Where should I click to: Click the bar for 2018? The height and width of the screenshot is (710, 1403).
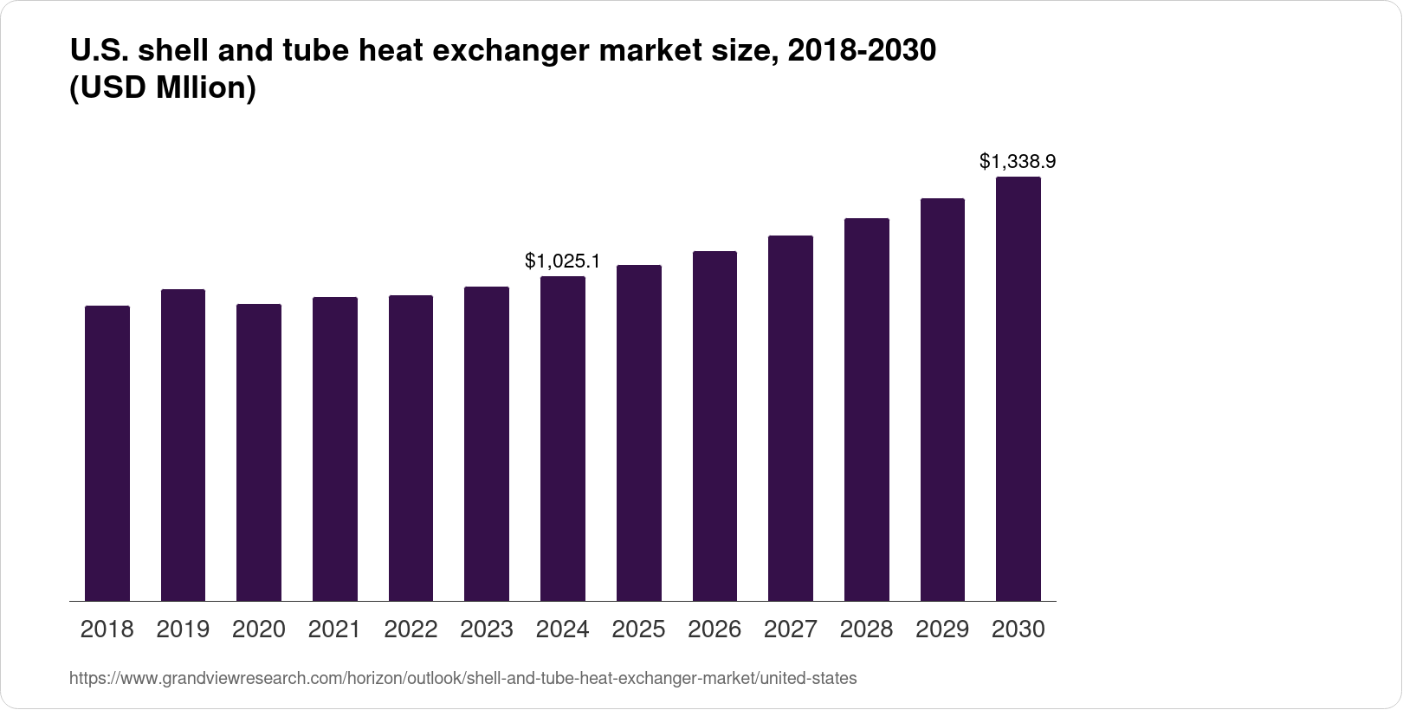[107, 453]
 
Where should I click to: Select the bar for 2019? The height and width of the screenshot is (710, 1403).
[183, 445]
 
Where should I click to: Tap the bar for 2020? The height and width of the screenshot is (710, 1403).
[259, 452]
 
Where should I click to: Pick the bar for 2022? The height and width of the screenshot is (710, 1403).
[411, 448]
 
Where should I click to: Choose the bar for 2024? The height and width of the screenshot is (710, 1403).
[562, 438]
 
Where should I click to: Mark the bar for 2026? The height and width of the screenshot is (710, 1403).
[714, 426]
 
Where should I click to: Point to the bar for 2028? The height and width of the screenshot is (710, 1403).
[866, 410]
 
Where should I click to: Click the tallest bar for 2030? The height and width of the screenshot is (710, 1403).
[1018, 389]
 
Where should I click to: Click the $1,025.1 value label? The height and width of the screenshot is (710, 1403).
[563, 261]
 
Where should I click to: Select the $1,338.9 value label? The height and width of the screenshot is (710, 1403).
[1018, 161]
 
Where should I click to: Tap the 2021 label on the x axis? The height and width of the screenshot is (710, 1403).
[334, 629]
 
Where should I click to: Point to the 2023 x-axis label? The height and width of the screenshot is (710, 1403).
[487, 629]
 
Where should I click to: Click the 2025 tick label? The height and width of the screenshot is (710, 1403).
[638, 629]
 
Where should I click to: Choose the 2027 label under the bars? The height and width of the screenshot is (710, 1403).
[791, 629]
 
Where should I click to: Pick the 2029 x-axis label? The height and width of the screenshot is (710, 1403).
[942, 629]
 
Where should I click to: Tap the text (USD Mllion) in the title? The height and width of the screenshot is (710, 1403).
[162, 88]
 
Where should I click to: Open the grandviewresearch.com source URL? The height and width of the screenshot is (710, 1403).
[462, 679]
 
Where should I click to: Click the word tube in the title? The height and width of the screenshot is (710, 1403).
[314, 51]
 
